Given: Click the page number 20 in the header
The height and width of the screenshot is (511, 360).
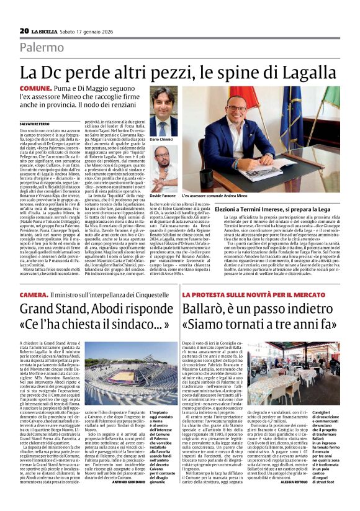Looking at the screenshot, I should click(24, 30).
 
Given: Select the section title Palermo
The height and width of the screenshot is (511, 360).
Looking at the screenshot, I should click(41, 48).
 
